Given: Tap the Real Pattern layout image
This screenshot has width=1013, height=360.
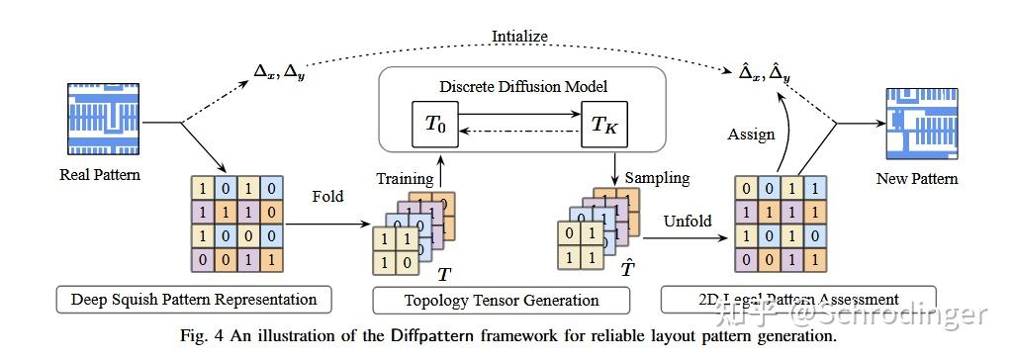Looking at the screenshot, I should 105,122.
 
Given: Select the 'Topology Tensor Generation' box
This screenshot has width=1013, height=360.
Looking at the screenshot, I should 501,300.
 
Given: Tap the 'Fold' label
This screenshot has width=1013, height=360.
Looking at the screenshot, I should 327,196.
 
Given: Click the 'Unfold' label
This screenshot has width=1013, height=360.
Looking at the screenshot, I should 687,220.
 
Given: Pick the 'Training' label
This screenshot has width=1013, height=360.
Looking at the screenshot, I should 404,178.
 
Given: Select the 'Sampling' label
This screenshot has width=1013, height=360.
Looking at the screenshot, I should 656,178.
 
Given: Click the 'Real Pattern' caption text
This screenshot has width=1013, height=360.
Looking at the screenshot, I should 100,175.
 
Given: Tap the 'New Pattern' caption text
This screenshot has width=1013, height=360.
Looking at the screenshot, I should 916,179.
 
